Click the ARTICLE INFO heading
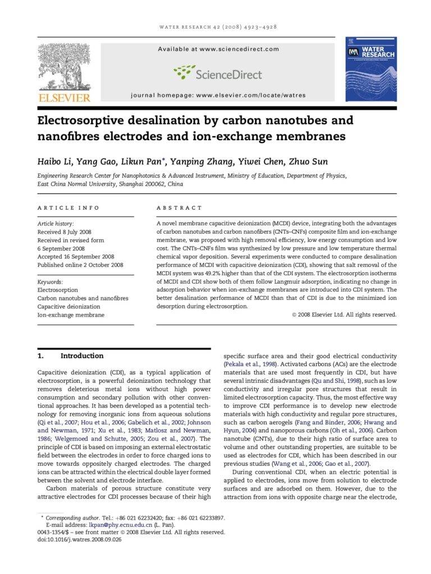tap(68, 207)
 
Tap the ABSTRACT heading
tap(180, 207)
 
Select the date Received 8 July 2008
tap(64, 232)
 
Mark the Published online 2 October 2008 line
tap(80, 265)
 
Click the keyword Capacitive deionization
tap(69, 307)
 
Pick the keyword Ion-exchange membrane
tap(71, 315)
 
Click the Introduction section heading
tap(82, 355)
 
